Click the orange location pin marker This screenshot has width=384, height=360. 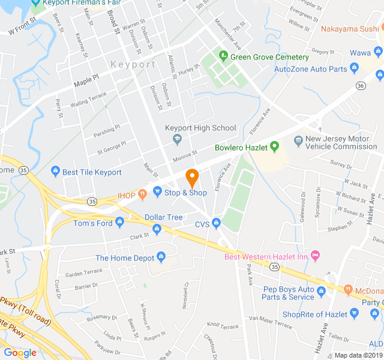tap(192, 178)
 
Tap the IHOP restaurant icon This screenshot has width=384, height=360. tap(142, 193)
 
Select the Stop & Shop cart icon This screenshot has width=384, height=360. tap(158, 192)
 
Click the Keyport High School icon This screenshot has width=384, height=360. tap(176, 139)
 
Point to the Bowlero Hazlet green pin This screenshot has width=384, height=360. tap(274, 145)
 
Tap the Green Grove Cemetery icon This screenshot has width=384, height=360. tap(223, 56)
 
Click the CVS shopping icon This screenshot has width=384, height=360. tap(217, 223)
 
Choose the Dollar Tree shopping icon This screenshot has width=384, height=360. tap(157, 228)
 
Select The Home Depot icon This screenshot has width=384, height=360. tap(161, 258)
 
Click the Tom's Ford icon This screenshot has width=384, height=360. tap(119, 223)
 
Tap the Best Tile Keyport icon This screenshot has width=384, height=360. tap(56, 172)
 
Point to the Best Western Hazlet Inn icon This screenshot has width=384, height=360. tap(316, 256)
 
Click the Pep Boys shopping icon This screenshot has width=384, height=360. tap(321, 292)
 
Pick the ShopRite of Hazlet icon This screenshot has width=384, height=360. tap(356, 313)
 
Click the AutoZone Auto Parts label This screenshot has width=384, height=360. tap(310, 69)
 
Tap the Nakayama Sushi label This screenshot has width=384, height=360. tap(349, 28)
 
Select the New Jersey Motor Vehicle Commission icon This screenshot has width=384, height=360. tap(298, 141)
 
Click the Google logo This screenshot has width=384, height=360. tap(20, 353)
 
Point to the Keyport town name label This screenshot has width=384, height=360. tap(133, 64)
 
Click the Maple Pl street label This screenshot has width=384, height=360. tap(86, 80)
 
